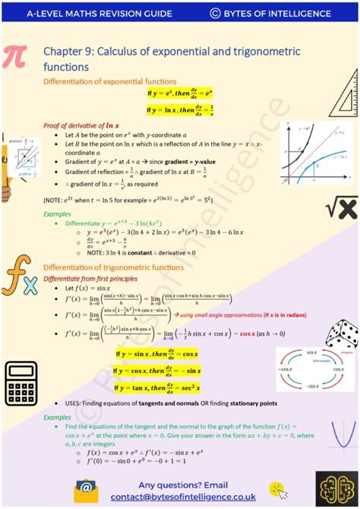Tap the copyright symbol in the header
pyautogui.click(x=215, y=13)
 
